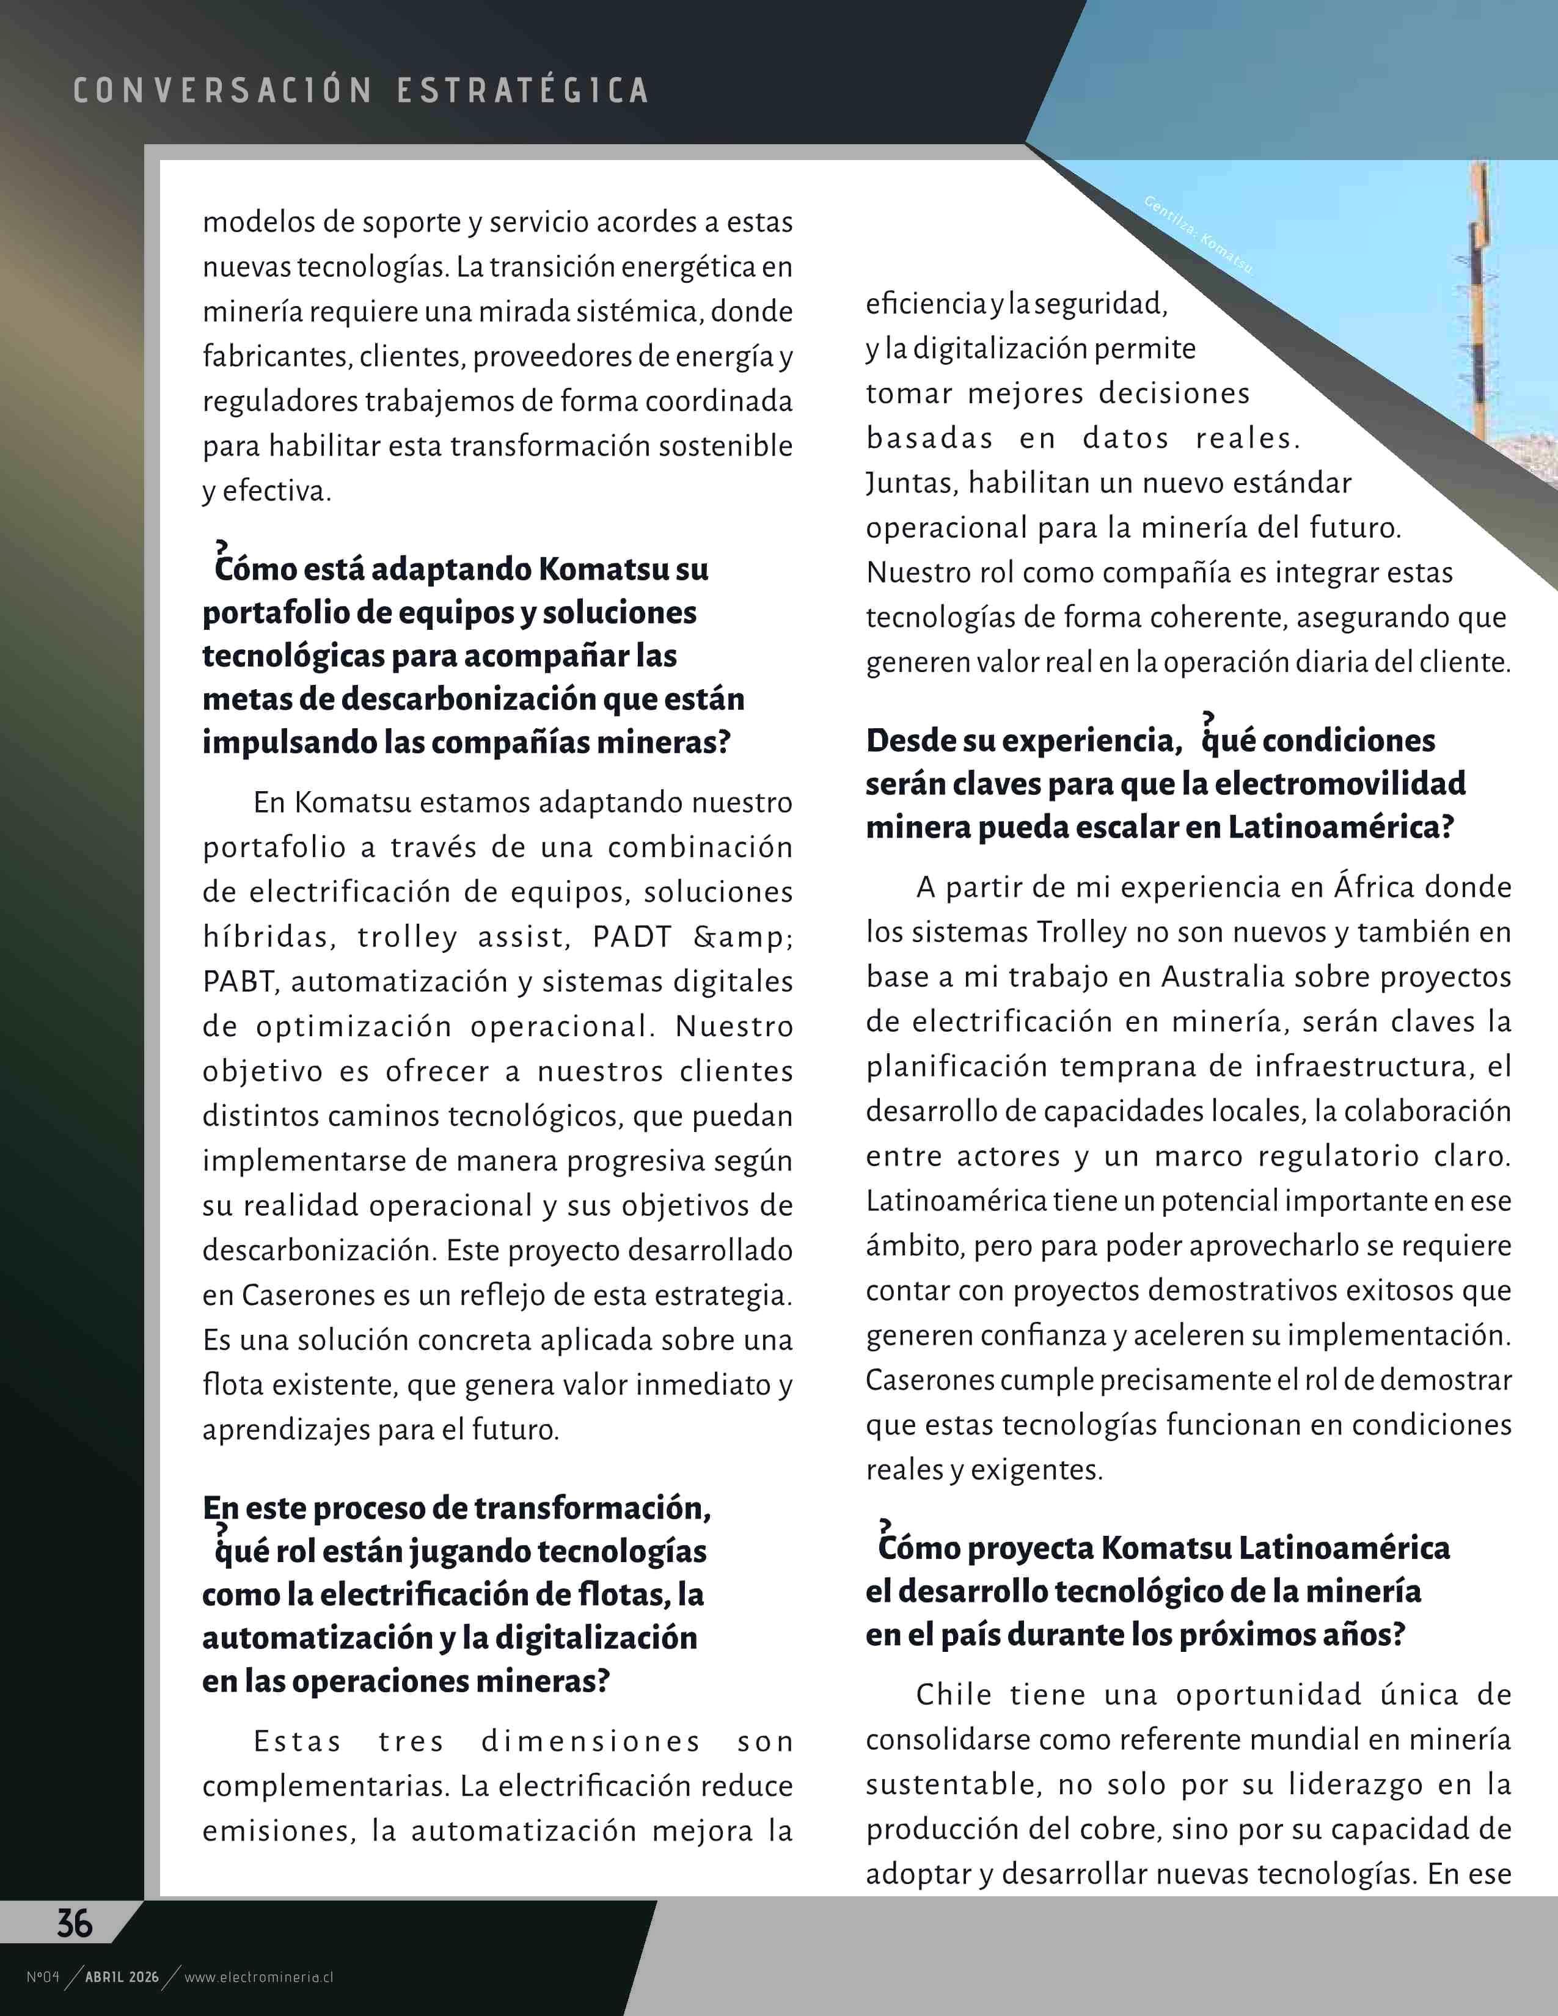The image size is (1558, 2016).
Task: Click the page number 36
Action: click(75, 1924)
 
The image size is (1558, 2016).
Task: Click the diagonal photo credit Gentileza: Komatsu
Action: click(1198, 235)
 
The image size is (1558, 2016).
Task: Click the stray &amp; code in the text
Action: click(743, 937)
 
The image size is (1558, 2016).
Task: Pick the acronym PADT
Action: click(631, 937)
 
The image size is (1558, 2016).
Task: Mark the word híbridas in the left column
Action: click(266, 937)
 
